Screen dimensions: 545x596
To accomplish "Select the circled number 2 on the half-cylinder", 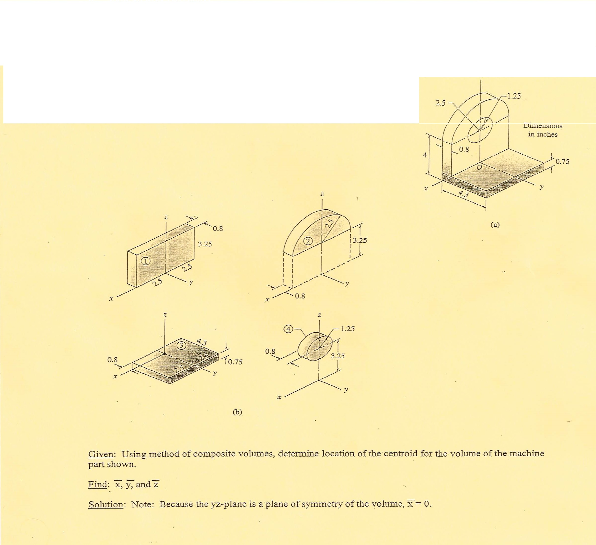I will (308, 241).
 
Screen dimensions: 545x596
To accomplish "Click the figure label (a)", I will (495, 225).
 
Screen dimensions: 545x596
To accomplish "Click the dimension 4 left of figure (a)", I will (425, 155).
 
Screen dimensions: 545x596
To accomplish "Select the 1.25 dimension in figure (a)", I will (513, 96).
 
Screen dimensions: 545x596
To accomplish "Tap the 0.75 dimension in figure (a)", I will (562, 162).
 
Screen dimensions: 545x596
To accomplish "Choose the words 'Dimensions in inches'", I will (543, 130).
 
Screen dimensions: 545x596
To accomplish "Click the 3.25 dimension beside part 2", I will (360, 240).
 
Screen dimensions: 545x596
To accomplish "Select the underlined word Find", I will (98, 484).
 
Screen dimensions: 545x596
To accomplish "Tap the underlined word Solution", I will (106, 504).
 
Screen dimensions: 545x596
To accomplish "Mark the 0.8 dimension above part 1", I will (218, 229).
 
